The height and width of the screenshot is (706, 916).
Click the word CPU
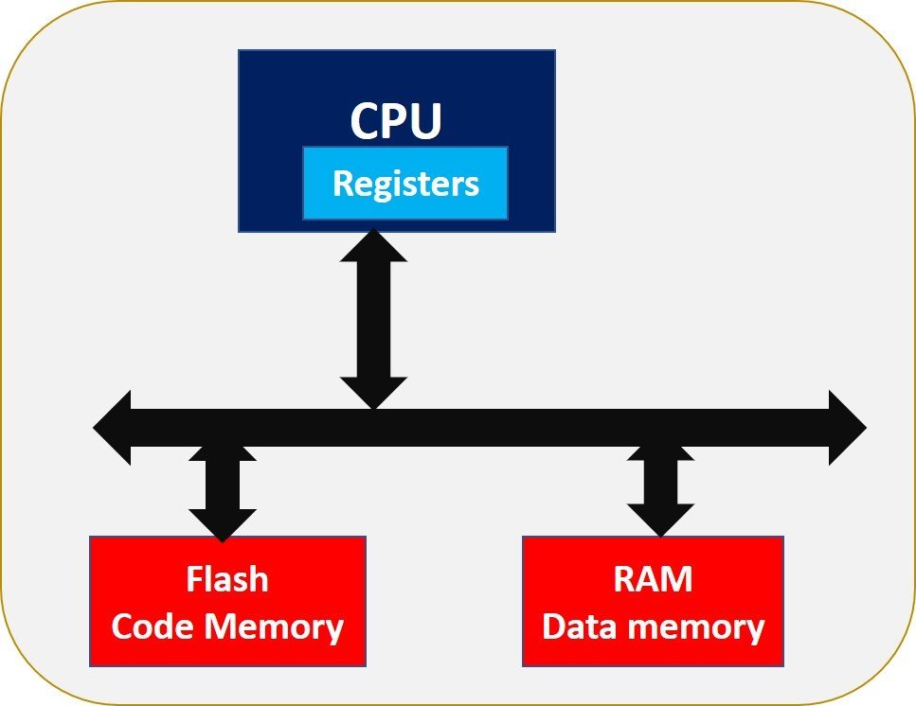(396, 121)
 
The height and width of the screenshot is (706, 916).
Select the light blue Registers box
(405, 183)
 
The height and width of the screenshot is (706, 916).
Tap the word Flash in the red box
(227, 578)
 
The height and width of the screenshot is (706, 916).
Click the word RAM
(653, 578)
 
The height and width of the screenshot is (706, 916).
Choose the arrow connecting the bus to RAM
(661, 487)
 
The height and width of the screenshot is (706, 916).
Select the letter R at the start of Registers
(343, 183)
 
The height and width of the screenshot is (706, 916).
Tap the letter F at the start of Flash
(195, 578)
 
